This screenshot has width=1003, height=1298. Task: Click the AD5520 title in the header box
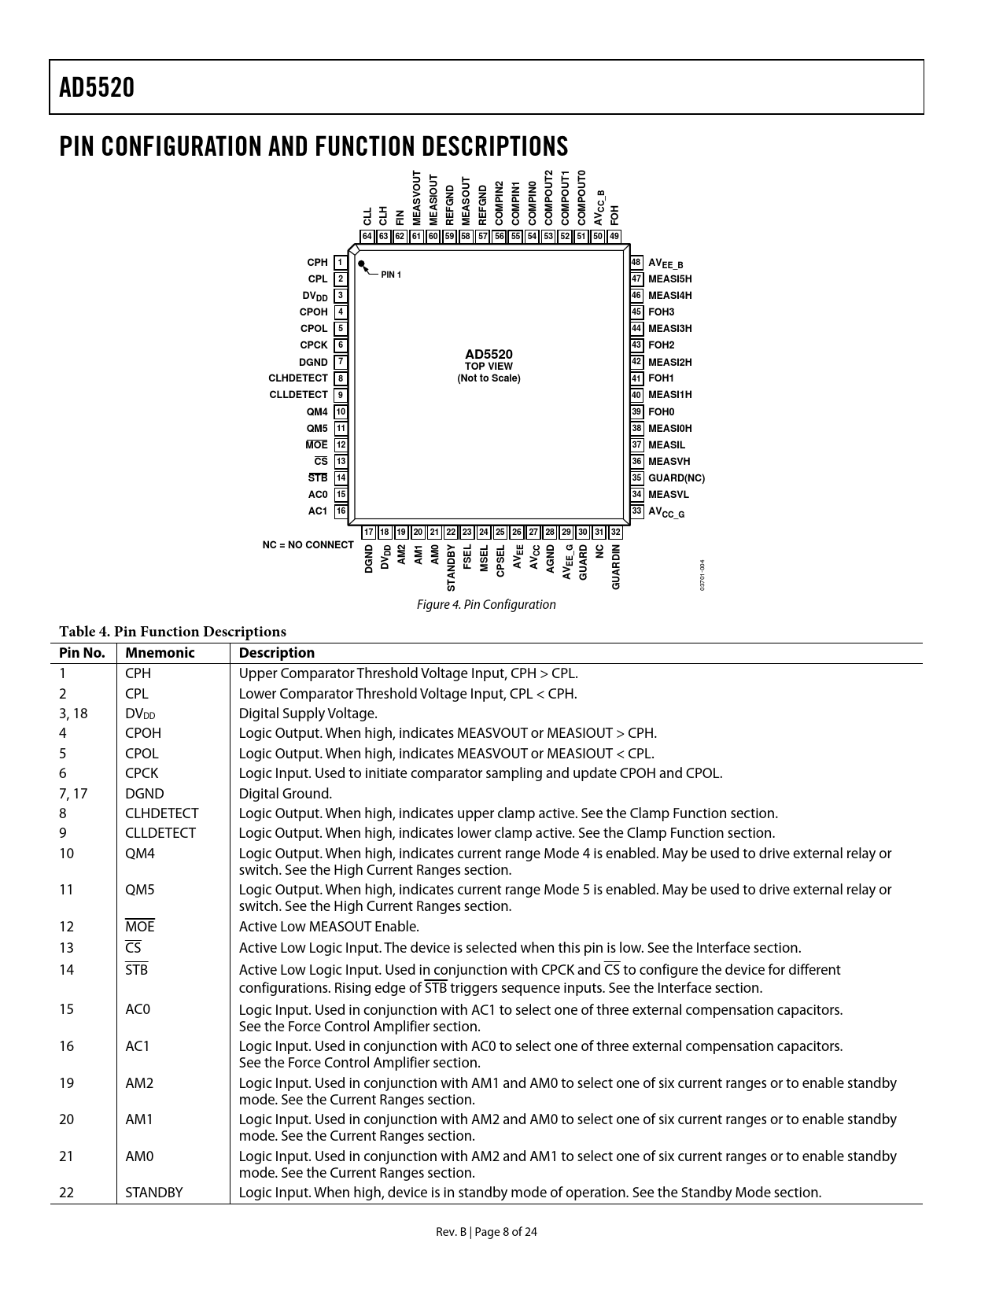click(97, 87)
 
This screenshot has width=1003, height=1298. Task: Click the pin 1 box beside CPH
click(341, 263)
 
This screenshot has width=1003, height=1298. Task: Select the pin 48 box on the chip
click(637, 263)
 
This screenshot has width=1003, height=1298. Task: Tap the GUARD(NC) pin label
click(676, 478)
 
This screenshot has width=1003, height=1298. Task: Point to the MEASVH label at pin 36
click(669, 461)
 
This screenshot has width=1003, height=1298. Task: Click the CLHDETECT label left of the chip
click(298, 378)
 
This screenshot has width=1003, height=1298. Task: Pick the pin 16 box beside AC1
click(341, 511)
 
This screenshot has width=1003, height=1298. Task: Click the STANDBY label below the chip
click(452, 567)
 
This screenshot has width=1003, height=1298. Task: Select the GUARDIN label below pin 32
click(616, 566)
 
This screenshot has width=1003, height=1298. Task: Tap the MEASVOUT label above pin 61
click(417, 198)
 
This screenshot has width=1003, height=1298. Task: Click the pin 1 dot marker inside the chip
click(362, 265)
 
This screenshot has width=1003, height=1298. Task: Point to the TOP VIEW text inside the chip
click(489, 367)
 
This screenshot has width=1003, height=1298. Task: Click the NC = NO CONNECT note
click(308, 544)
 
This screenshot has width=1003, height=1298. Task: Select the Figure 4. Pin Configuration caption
click(486, 604)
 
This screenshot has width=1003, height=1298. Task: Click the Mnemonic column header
click(160, 653)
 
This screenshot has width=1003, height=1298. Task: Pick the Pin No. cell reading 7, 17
click(73, 794)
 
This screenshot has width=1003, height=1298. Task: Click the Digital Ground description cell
click(286, 794)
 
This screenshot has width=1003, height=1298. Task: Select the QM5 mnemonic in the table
click(140, 890)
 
